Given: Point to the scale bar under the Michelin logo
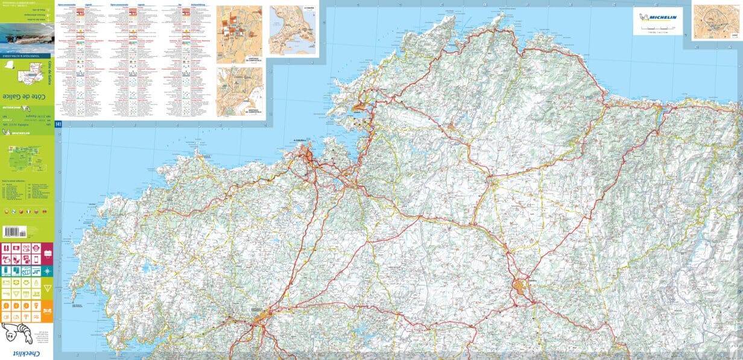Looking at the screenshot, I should (658, 28).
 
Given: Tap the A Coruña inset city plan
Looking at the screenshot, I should (294, 31).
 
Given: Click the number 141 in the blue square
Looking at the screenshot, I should (58, 124).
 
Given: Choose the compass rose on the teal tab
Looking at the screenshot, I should (48, 271).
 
